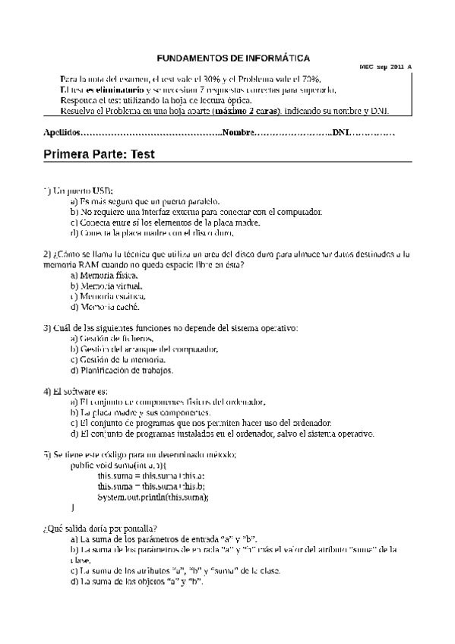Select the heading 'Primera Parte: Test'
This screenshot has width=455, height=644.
tap(99, 154)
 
